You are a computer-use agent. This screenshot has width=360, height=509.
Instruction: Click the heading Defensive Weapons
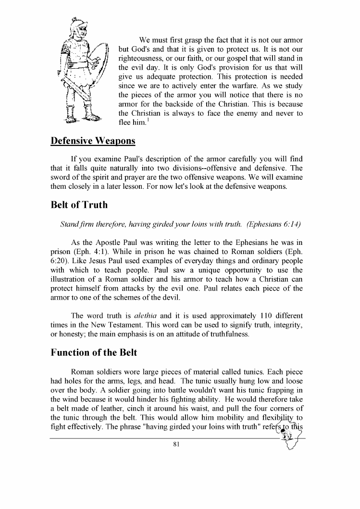point(93,141)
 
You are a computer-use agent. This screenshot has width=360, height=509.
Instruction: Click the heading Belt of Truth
point(79,205)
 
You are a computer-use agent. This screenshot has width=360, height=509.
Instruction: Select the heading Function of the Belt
point(94,352)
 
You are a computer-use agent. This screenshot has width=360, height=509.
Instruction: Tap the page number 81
point(176,445)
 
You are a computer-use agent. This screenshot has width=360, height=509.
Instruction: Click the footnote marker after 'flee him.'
point(150,120)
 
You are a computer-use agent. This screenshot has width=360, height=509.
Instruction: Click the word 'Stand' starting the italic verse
point(70,224)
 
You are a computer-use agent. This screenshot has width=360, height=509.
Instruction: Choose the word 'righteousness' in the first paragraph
point(142,59)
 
